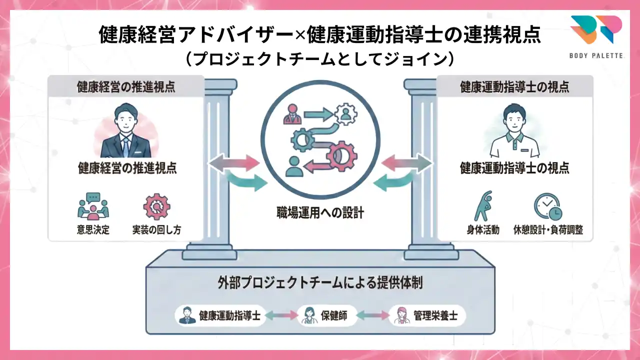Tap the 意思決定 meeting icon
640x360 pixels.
pos(93,206)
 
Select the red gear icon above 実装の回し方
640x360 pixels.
pos(156,206)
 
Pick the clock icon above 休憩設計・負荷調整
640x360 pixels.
pos(547,206)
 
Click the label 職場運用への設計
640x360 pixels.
pos(320,213)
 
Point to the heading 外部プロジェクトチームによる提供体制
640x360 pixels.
pos(320,282)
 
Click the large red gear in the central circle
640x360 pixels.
pos(342,155)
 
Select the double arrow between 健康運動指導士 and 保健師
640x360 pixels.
pos(281,316)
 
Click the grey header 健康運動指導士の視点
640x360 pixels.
pos(514,87)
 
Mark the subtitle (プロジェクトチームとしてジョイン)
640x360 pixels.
pos(320,59)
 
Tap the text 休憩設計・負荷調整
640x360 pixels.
pos(548,230)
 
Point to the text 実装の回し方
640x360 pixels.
pos(156,230)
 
